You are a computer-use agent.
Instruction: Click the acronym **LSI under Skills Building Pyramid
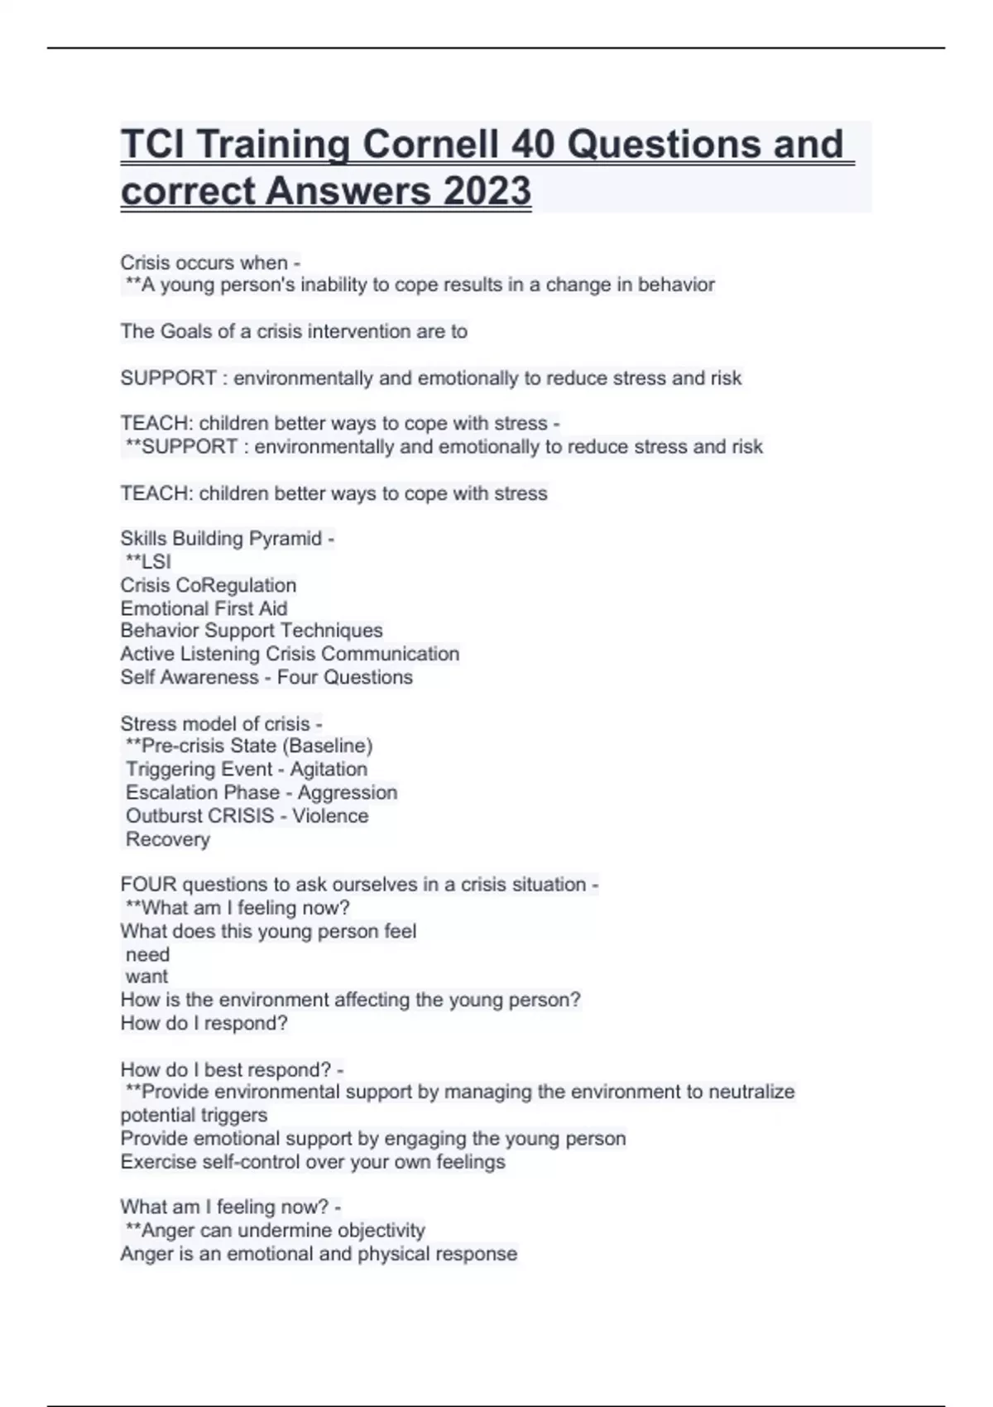click(148, 561)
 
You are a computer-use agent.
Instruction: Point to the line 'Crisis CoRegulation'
click(208, 585)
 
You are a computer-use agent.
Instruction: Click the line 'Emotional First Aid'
click(204, 608)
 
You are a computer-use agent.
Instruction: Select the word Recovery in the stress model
click(167, 839)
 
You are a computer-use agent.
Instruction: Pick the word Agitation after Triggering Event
click(328, 770)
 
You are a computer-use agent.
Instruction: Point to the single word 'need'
click(147, 954)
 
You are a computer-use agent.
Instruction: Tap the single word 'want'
click(146, 977)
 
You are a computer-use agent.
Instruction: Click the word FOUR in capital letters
click(148, 885)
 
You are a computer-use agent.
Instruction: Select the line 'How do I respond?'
click(204, 1023)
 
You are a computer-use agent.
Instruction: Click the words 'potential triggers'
click(194, 1115)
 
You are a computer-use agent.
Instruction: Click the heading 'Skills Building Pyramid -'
click(227, 539)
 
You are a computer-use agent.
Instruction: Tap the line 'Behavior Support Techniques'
click(252, 631)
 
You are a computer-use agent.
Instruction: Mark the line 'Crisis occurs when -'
click(210, 262)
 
